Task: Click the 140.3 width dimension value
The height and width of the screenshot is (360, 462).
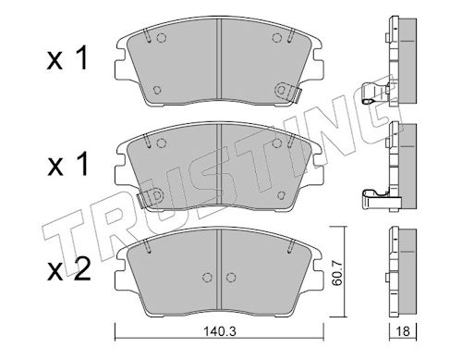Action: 220,331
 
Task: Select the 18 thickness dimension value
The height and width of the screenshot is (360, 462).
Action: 403,331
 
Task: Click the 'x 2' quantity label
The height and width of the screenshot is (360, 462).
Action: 68,270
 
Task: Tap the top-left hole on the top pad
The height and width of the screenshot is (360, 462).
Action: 161,38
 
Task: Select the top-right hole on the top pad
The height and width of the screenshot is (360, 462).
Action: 277,38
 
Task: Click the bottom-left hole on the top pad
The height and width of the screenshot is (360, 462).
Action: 157,90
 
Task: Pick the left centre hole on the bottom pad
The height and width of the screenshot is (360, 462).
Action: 208,278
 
